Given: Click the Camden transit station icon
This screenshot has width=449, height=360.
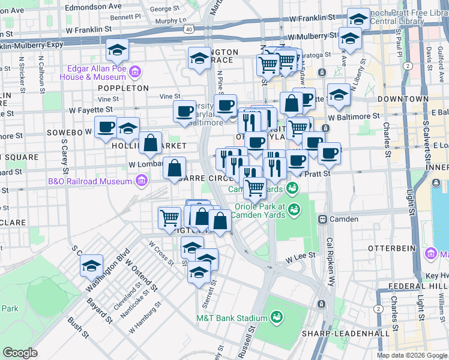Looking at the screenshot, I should [x=322, y=219].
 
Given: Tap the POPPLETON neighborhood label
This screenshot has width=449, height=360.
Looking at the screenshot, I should [x=123, y=88].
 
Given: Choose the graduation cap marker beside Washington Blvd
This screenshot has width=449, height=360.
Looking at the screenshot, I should [x=91, y=266].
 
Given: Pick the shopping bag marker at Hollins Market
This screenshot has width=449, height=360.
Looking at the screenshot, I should [x=150, y=143].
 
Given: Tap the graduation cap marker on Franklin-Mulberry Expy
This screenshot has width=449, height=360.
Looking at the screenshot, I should [x=118, y=50].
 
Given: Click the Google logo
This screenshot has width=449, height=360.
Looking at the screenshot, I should [x=21, y=353].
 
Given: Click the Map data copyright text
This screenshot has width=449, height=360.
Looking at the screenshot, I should [x=412, y=355].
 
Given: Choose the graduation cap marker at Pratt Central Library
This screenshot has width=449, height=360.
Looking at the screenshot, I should [x=358, y=19].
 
